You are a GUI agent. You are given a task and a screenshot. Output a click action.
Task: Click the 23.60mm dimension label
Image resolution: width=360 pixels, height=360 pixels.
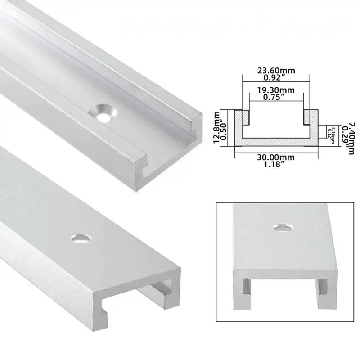click(x=275, y=70)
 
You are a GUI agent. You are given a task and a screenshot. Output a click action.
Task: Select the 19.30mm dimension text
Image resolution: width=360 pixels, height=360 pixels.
click(x=275, y=90)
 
